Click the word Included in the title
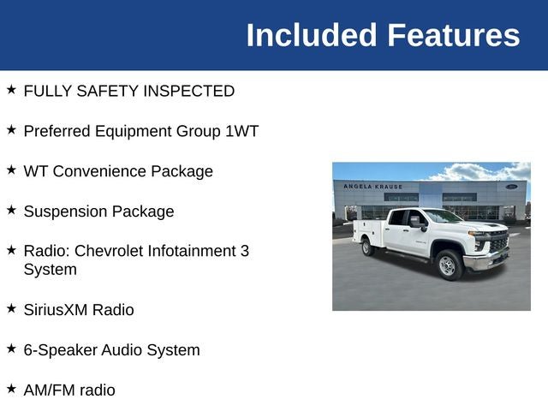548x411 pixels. [x=312, y=35]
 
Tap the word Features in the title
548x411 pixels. [x=454, y=35]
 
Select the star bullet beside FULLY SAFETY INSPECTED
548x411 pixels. [x=11, y=89]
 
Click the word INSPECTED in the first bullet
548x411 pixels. [x=188, y=91]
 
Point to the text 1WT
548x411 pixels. [x=241, y=131]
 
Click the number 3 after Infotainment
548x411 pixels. [x=245, y=251]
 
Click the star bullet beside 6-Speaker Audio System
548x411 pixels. [x=11, y=348]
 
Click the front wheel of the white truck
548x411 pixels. [x=449, y=265]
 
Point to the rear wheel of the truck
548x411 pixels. [x=366, y=247]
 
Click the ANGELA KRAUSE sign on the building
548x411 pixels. [x=373, y=187]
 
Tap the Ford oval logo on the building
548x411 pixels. [x=512, y=187]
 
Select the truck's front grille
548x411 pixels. [x=499, y=241]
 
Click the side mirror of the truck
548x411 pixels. [x=417, y=223]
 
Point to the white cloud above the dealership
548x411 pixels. [x=482, y=171]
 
